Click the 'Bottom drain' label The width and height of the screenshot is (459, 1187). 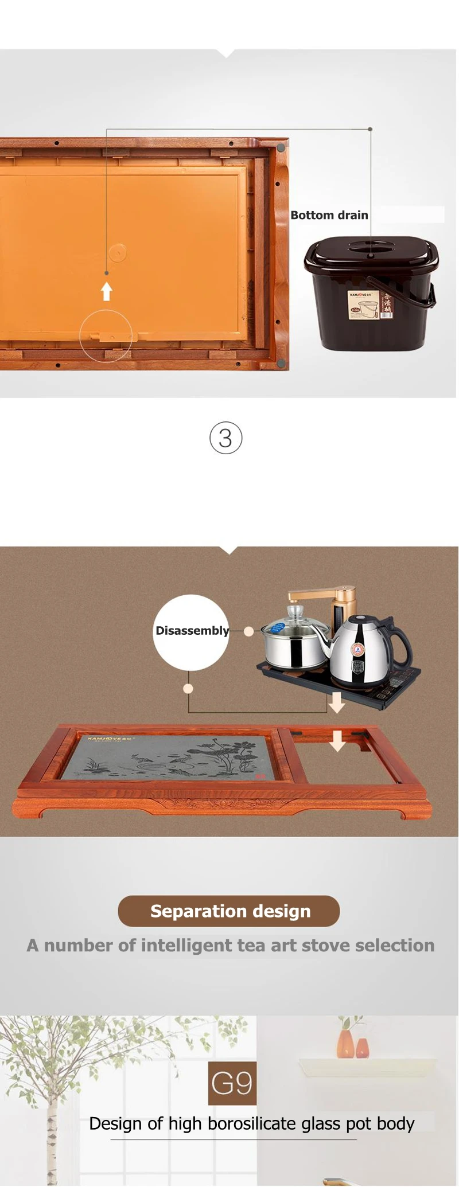tap(329, 216)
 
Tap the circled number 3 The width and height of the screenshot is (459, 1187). tap(225, 438)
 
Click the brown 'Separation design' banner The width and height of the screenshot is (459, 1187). tap(229, 911)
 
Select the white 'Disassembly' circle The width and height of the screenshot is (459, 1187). tap(191, 632)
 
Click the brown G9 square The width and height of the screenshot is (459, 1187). tap(232, 1083)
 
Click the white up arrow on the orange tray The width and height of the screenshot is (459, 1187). tap(106, 291)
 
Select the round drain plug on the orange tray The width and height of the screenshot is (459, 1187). tap(117, 252)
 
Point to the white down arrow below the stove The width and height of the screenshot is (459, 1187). tap(336, 702)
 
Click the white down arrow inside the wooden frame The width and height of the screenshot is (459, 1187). tap(337, 741)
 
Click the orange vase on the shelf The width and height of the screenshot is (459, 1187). tap(346, 1043)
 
